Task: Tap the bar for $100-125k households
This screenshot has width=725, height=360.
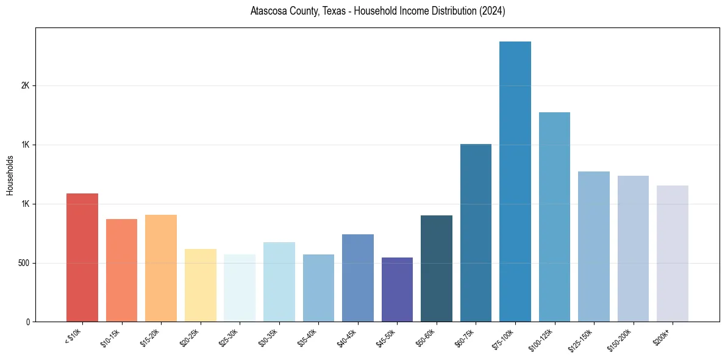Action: click(x=554, y=217)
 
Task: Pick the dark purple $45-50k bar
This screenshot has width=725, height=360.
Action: click(x=397, y=290)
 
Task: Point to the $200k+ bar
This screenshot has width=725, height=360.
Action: click(x=672, y=254)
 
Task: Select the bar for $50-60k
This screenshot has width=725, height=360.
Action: click(x=437, y=268)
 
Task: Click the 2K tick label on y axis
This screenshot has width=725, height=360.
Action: click(x=25, y=86)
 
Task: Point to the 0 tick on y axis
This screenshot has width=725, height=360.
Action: click(x=27, y=322)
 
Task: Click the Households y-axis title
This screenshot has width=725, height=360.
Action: click(x=10, y=175)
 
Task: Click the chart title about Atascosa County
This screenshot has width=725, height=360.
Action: click(x=377, y=12)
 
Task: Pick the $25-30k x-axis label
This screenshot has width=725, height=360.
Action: click(x=228, y=338)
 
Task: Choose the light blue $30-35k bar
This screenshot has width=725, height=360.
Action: click(x=279, y=282)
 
